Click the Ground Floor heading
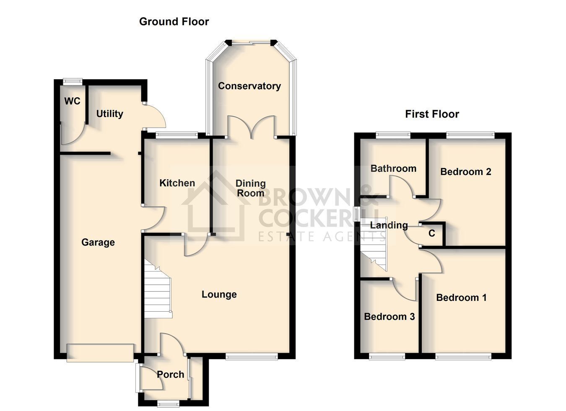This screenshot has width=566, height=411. click(x=174, y=22)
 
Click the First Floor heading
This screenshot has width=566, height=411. click(x=432, y=114)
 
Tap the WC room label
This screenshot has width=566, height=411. click(x=72, y=101)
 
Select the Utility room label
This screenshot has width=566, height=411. click(x=110, y=114)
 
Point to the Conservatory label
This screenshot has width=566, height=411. click(x=249, y=86)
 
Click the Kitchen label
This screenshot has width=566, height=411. click(x=177, y=183)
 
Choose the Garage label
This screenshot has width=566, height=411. click(x=98, y=242)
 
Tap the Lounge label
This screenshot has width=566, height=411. click(x=219, y=295)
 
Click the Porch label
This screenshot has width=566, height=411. click(x=171, y=375)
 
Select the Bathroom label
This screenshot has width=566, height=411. click(x=393, y=169)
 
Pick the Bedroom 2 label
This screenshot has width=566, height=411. click(x=466, y=172)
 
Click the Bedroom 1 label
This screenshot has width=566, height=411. click(x=461, y=297)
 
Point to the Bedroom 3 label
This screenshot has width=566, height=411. click(x=389, y=317)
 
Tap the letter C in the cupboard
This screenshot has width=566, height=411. click(x=432, y=233)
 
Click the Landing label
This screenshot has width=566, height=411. click(x=389, y=225)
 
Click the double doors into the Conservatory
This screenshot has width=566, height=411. click(x=251, y=127)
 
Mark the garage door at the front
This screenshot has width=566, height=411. click(x=100, y=353)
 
